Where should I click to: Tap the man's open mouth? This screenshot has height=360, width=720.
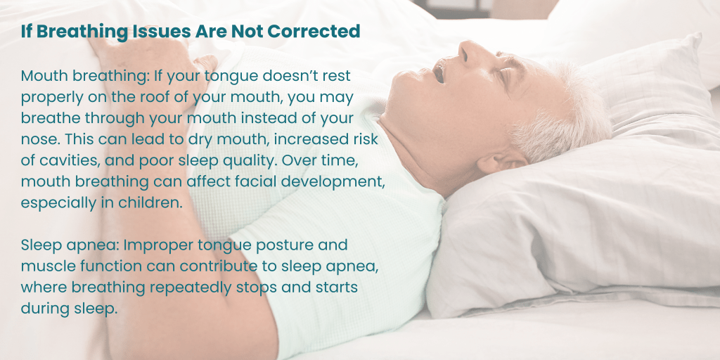(439, 72)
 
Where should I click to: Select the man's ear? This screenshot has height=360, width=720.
(504, 161)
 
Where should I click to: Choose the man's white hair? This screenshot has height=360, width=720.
(565, 115)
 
